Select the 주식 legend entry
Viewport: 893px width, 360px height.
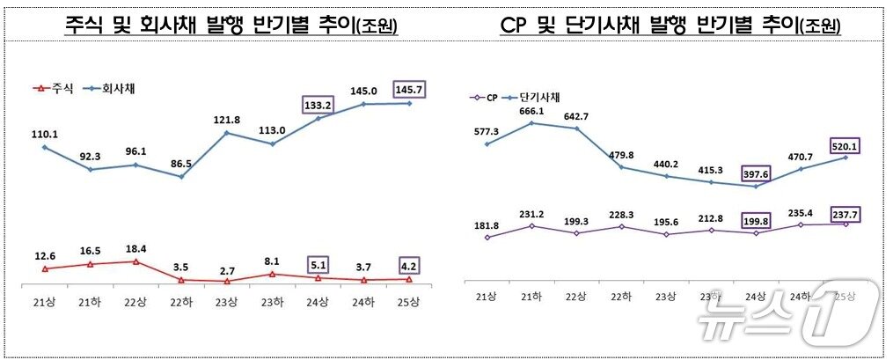tap(53, 88)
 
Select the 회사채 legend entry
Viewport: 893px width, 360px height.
tap(111, 88)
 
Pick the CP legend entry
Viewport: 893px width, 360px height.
tap(486, 97)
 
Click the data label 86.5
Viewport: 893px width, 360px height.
tap(180, 164)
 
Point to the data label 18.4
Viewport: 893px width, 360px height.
tap(135, 249)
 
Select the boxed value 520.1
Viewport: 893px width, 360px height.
tap(845, 144)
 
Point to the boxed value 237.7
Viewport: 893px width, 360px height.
tap(845, 210)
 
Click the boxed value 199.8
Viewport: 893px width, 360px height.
tap(755, 218)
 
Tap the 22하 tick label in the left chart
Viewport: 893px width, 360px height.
tap(180, 303)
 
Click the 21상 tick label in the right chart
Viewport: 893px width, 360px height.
tap(486, 298)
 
